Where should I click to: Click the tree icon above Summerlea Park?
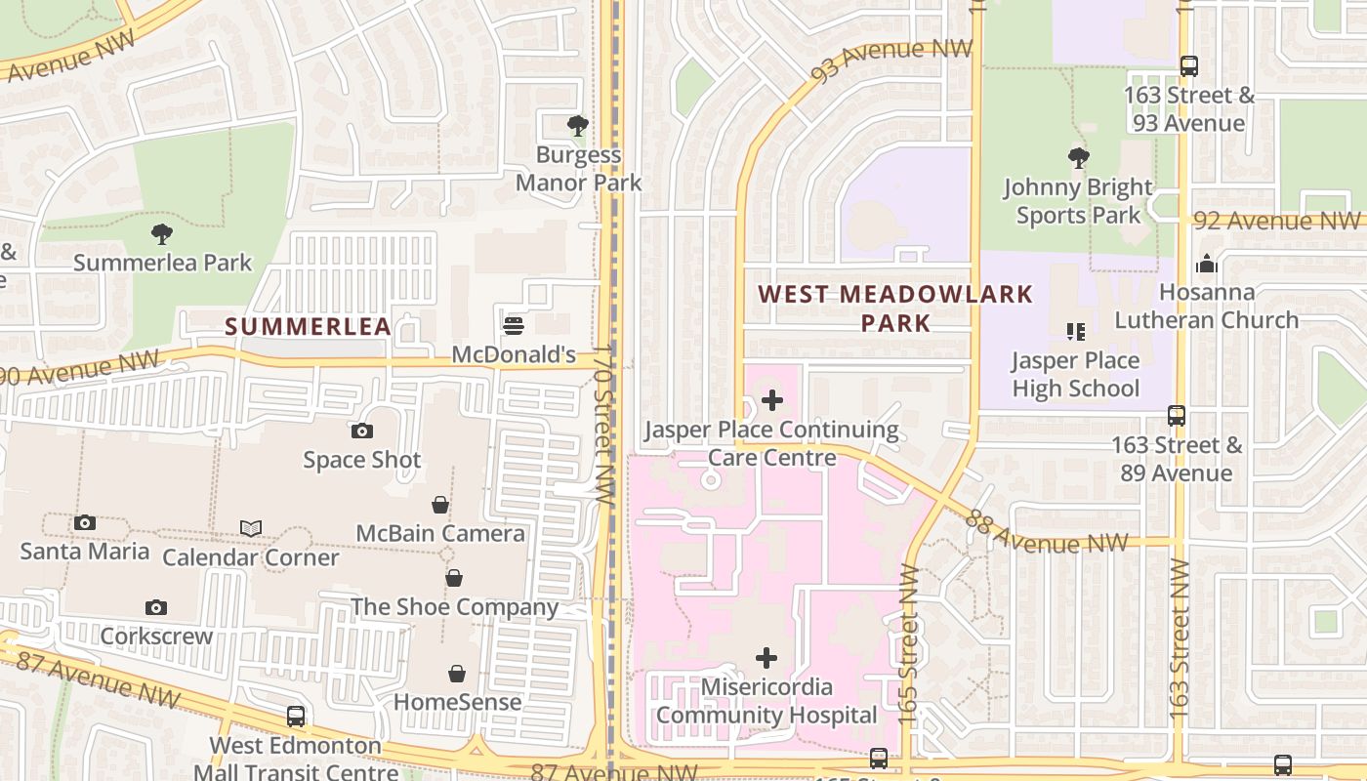click(162, 234)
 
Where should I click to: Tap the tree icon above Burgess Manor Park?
click(578, 126)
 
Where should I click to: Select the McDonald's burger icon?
click(514, 326)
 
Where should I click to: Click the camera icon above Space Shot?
click(362, 431)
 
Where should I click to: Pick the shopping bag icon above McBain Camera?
click(440, 505)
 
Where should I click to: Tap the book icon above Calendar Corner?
click(251, 528)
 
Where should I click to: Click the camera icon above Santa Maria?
click(85, 522)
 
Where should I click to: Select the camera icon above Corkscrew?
click(156, 607)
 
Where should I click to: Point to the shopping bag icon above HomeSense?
click(457, 674)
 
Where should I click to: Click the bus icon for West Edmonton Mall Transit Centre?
click(296, 717)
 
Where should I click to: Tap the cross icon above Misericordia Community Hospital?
click(767, 658)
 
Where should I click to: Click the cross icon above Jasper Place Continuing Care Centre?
click(772, 400)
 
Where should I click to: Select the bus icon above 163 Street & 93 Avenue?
click(1188, 66)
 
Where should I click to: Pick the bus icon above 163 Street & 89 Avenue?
click(1177, 416)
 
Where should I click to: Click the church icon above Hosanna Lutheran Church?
click(1207, 264)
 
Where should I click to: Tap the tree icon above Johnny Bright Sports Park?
click(1078, 157)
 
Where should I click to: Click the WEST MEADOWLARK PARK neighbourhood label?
click(895, 308)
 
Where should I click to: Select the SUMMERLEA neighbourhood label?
click(309, 326)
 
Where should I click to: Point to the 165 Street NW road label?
click(909, 644)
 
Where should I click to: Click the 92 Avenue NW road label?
click(1277, 221)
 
